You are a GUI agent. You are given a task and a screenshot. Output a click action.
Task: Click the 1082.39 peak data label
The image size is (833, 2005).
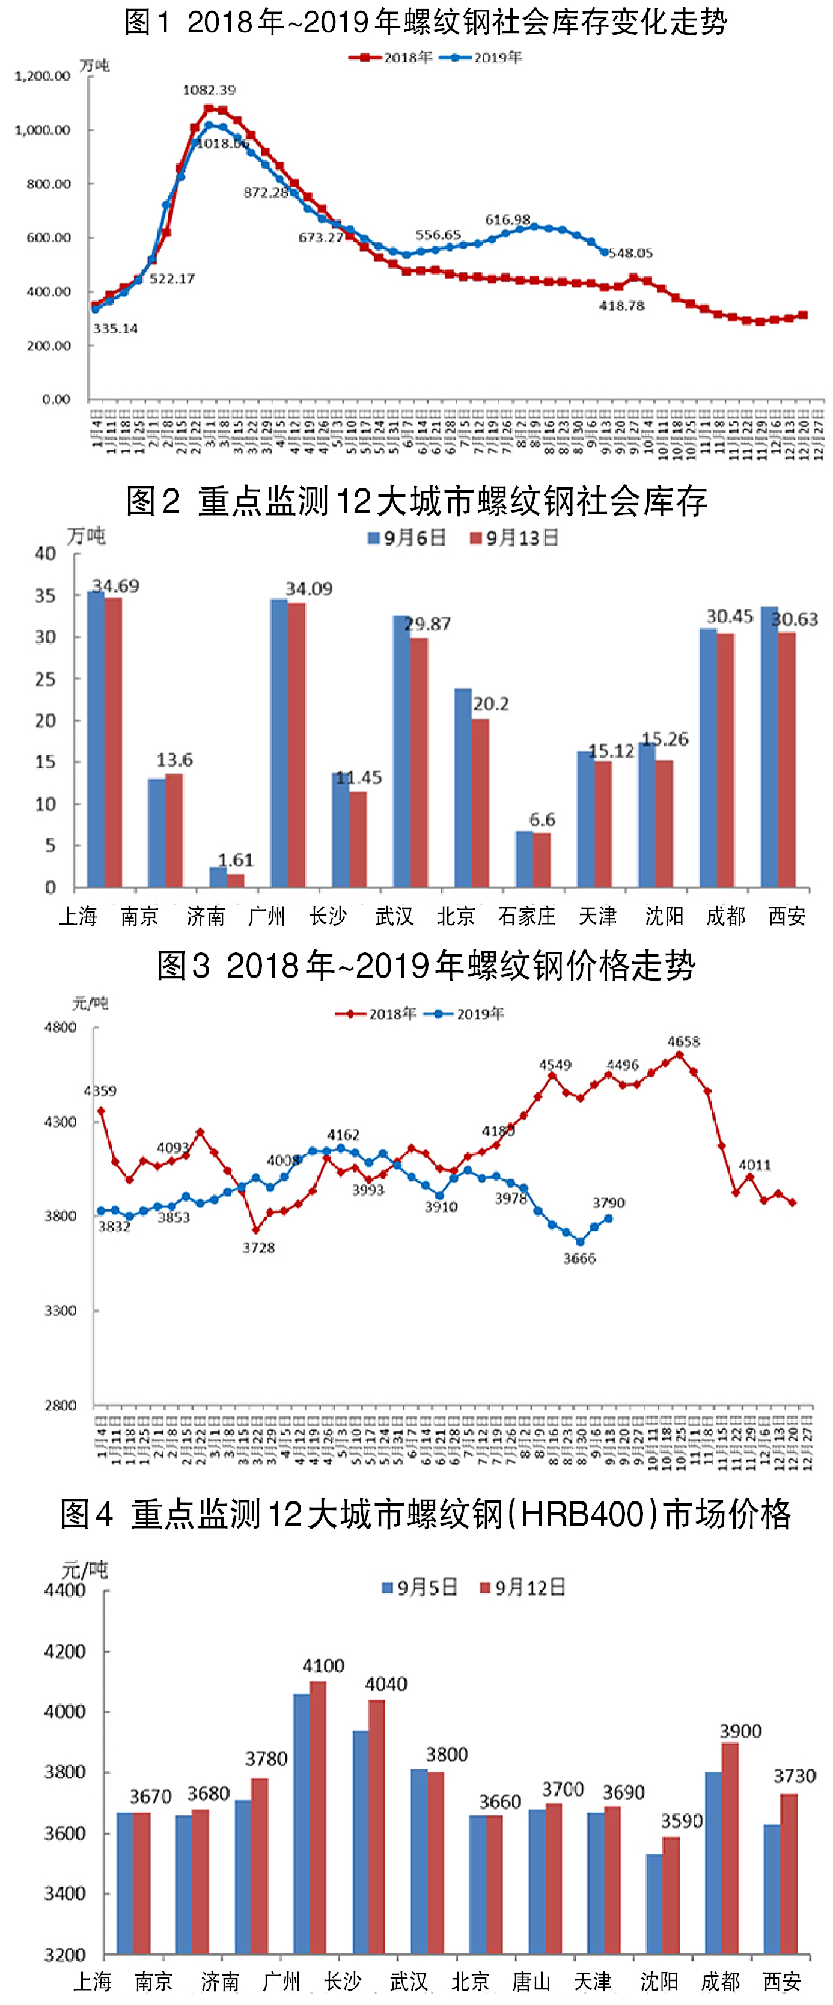click(209, 90)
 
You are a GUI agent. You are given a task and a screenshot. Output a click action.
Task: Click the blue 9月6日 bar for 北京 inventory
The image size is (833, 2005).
click(463, 788)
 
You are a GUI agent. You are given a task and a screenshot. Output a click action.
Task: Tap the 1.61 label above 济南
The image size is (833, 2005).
click(235, 860)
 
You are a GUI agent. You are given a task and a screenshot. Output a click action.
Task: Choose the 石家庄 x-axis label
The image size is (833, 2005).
click(526, 916)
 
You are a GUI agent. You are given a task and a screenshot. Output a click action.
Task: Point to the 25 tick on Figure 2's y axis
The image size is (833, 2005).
click(45, 679)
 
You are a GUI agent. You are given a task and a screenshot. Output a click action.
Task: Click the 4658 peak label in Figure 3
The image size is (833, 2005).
click(683, 1041)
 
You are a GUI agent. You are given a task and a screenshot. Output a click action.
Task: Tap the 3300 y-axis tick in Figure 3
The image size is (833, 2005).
click(60, 1310)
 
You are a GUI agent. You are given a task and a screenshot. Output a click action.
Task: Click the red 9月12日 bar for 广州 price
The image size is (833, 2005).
click(317, 1818)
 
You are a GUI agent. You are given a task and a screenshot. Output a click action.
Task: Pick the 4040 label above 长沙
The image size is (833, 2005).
click(386, 1684)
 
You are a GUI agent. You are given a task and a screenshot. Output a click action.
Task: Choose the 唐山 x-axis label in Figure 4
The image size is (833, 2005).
click(532, 1981)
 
